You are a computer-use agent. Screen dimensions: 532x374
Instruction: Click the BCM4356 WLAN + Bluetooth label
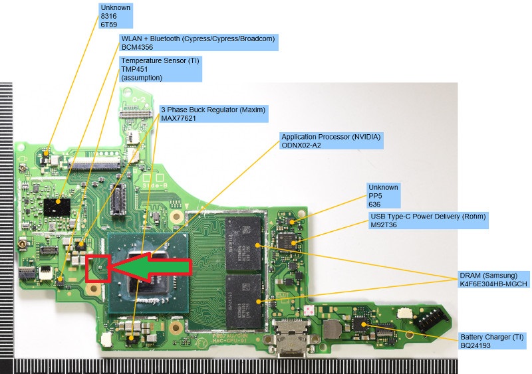(198, 43)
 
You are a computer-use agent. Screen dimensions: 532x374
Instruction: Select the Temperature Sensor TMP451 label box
(160, 69)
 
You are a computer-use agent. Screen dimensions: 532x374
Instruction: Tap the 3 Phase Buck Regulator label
(213, 114)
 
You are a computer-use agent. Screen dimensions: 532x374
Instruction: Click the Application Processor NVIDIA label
(331, 141)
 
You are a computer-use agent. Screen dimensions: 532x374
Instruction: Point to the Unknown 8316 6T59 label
(115, 15)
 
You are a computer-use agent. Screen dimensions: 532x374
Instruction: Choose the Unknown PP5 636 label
(384, 196)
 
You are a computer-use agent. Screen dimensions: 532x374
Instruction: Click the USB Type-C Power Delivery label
(428, 221)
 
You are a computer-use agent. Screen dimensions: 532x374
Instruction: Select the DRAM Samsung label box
(494, 280)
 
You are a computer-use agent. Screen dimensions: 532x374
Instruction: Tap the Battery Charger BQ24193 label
(492, 341)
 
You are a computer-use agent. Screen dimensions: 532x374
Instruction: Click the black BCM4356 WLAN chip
(57, 207)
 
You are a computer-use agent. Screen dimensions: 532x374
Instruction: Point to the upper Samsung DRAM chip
(243, 243)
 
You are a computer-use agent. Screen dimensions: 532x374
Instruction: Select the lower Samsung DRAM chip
(243, 301)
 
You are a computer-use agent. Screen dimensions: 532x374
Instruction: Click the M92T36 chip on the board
(287, 241)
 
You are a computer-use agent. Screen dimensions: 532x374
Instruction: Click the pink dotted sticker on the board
(309, 310)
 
